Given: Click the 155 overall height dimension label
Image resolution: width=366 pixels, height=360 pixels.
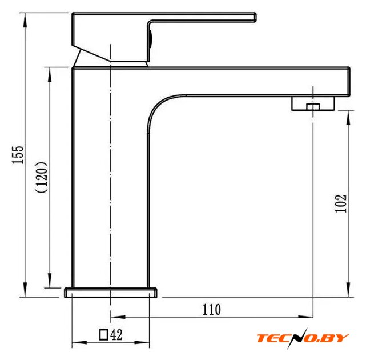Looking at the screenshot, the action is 18,155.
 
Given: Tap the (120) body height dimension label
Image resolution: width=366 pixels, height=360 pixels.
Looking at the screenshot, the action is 42,177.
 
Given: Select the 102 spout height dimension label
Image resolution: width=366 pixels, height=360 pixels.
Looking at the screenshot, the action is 340,203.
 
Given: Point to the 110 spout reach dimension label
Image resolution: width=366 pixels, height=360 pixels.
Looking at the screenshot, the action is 211,310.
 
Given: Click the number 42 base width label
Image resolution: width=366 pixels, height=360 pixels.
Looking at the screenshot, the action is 116,335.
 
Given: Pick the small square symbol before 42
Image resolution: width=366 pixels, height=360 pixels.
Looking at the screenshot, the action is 103,334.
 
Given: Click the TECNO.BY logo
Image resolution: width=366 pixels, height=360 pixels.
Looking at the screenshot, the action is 303,338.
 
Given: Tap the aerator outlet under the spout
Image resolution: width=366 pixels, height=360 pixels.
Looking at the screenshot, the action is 313,103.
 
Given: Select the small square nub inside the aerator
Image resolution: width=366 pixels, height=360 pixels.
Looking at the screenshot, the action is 313,107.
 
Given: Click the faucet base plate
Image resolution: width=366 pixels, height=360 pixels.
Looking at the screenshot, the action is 111,293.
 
